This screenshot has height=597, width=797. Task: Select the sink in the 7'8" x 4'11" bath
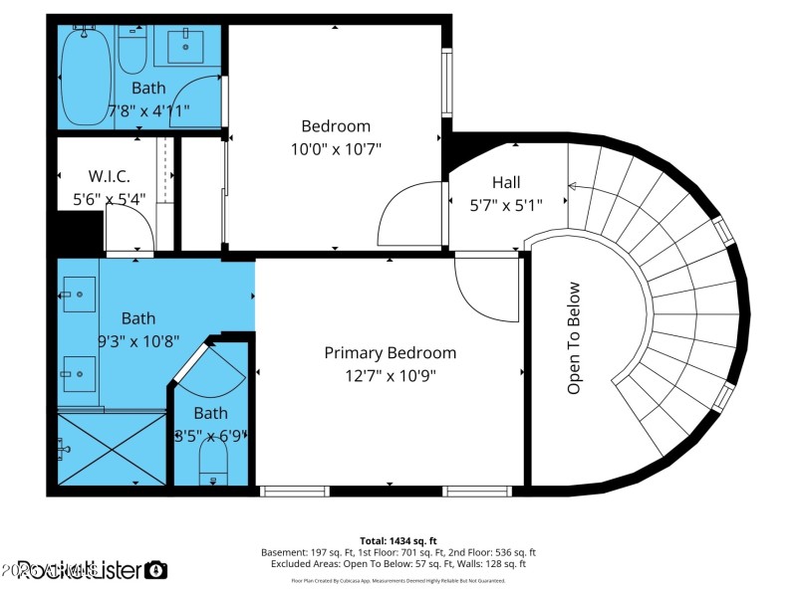(x=186, y=45)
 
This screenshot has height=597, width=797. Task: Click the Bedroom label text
(x=336, y=126)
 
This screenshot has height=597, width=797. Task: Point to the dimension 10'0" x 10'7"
(x=336, y=148)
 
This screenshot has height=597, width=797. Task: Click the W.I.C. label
(x=110, y=176)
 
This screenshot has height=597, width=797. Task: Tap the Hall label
(x=506, y=183)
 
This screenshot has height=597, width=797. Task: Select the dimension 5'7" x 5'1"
(x=506, y=206)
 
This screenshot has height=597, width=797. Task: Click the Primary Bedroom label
(x=391, y=353)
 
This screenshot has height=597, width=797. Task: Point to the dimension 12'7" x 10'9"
(x=391, y=376)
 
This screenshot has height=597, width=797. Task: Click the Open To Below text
(x=574, y=338)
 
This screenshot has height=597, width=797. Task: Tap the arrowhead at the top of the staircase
(x=573, y=186)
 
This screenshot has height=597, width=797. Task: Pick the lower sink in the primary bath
(x=79, y=373)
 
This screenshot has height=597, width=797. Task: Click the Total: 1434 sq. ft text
(x=398, y=541)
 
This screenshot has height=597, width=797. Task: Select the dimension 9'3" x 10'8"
(x=138, y=340)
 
